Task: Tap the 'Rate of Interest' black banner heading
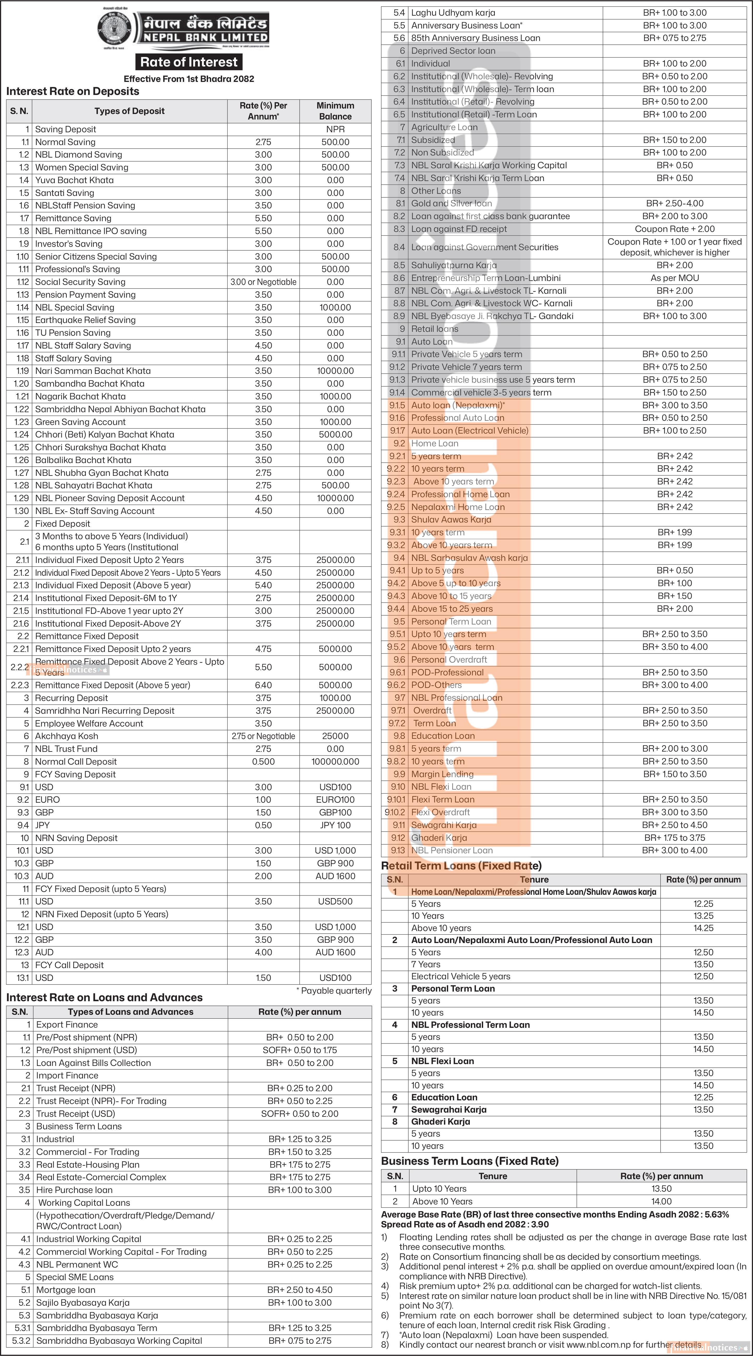[188, 62]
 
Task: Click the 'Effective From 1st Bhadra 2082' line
[188, 79]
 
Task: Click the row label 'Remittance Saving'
[73, 218]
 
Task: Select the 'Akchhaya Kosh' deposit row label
[66, 736]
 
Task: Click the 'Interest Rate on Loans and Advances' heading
[104, 998]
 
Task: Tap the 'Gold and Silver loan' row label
[451, 203]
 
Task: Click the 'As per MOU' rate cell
[674, 278]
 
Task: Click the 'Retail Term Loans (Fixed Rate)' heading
[461, 866]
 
